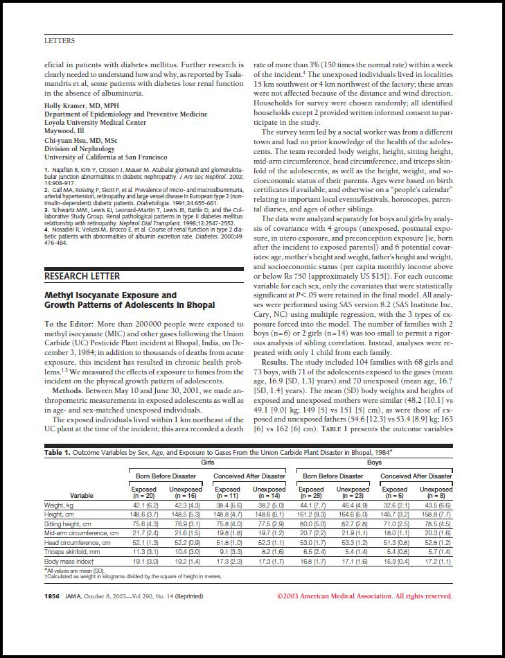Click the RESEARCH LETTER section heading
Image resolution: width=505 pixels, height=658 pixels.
pos(77,276)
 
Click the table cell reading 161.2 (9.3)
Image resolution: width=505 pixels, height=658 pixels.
pos(311,515)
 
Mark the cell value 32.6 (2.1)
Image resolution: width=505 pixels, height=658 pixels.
pos(394,505)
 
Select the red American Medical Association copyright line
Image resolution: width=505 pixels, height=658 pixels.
pos(364,596)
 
